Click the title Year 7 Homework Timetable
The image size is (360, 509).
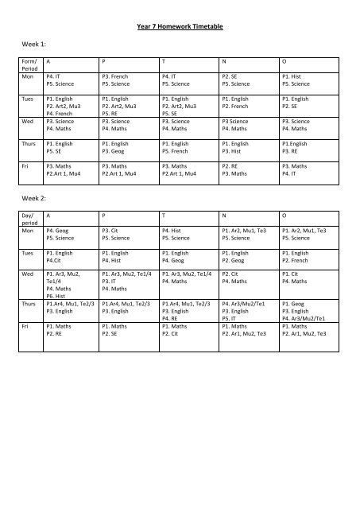click(x=180, y=27)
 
